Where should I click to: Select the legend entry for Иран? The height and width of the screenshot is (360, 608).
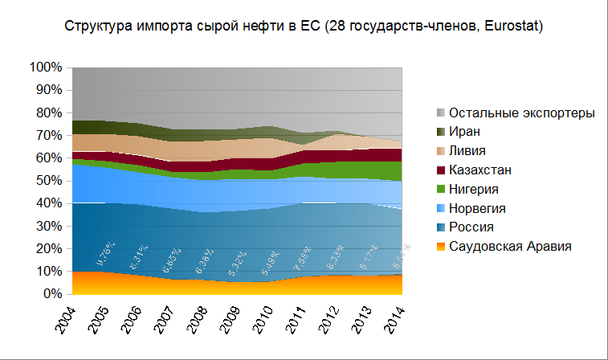(465, 131)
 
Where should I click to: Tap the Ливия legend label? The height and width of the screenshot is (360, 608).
(468, 150)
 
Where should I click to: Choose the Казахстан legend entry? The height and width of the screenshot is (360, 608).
(480, 170)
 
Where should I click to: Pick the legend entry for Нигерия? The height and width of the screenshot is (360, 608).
(475, 189)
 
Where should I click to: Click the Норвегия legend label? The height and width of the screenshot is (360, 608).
(477, 208)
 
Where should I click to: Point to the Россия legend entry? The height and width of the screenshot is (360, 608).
(471, 227)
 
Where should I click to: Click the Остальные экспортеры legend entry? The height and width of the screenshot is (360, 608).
(522, 112)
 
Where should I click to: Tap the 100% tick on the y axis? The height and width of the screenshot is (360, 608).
(46, 67)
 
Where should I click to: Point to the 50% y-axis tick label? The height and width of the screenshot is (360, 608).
(49, 181)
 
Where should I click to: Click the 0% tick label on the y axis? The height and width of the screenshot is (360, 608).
(53, 295)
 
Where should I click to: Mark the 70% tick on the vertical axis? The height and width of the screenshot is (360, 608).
(49, 135)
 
